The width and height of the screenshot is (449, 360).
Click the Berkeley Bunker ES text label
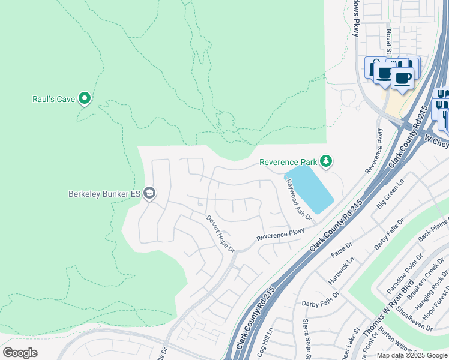(x=105, y=193)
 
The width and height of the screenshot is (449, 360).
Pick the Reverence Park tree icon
(x=326, y=161)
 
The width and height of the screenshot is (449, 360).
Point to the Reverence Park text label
(x=288, y=162)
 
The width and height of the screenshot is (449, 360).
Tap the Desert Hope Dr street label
(x=220, y=233)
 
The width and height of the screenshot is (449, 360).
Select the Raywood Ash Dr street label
(x=298, y=200)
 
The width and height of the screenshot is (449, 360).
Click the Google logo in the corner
(x=20, y=353)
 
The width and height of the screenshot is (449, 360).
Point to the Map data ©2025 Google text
(x=412, y=355)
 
